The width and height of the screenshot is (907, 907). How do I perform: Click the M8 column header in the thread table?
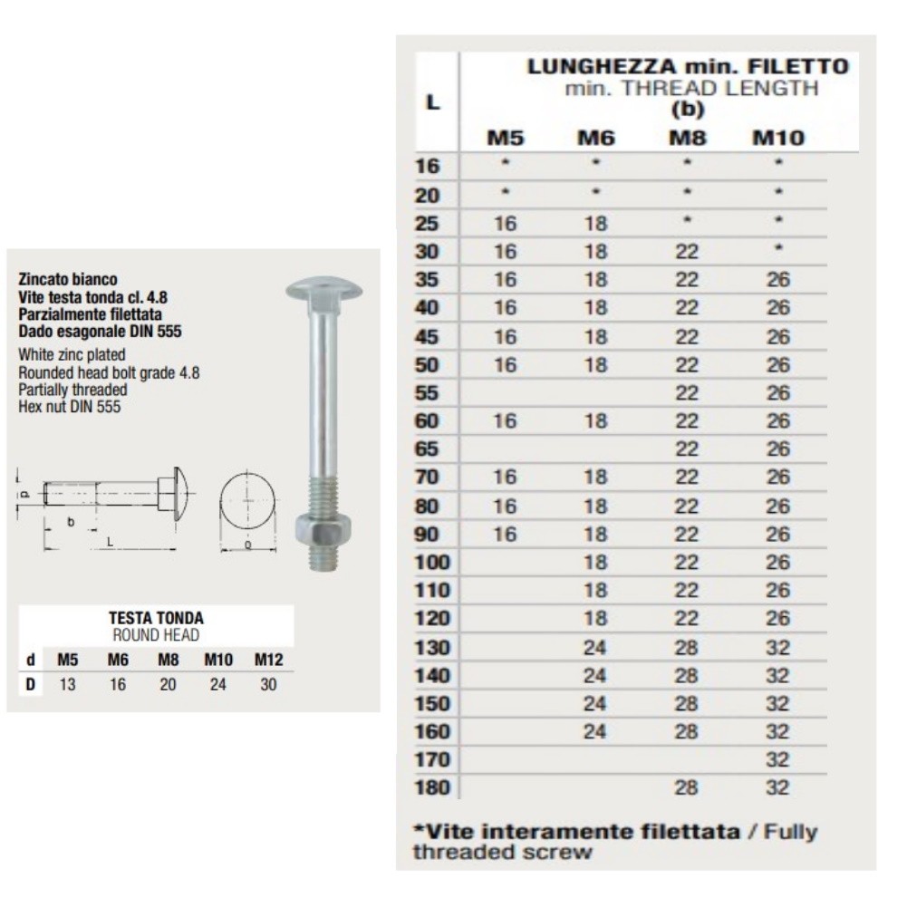click(x=687, y=139)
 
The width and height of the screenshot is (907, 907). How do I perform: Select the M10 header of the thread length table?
click(x=777, y=139)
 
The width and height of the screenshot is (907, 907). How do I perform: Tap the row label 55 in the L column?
click(x=427, y=393)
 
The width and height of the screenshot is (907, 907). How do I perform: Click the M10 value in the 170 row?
click(x=777, y=759)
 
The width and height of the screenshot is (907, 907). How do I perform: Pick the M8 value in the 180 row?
click(x=687, y=787)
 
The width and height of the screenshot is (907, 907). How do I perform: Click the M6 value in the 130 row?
click(x=595, y=647)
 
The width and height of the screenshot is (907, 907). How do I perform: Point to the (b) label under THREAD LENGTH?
click(x=687, y=110)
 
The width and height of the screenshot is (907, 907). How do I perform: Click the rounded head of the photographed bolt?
click(x=323, y=290)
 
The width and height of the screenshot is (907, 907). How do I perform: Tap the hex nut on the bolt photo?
click(x=323, y=528)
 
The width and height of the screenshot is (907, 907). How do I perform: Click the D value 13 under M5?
click(x=67, y=685)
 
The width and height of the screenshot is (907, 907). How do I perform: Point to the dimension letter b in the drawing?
click(x=71, y=523)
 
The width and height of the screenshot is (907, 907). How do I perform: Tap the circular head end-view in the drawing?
click(x=247, y=499)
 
